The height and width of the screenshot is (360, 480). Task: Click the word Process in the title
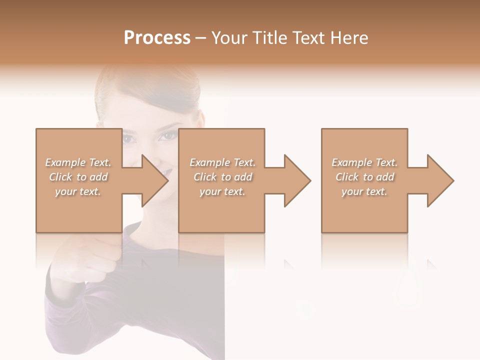pyautogui.click(x=157, y=38)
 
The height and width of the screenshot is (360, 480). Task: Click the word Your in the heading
pyautogui.click(x=228, y=38)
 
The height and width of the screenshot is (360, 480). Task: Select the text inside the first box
pyautogui.click(x=78, y=177)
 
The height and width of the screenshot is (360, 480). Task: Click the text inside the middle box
pyautogui.click(x=222, y=177)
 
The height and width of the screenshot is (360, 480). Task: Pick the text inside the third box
pyautogui.click(x=364, y=177)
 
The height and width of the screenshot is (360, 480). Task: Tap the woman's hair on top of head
pyautogui.click(x=150, y=82)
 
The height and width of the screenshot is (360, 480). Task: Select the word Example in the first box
pyautogui.click(x=65, y=162)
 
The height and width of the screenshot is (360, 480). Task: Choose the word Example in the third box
pyautogui.click(x=351, y=162)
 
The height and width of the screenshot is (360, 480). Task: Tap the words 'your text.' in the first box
pyautogui.click(x=78, y=191)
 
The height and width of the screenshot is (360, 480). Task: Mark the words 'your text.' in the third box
pyautogui.click(x=364, y=191)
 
